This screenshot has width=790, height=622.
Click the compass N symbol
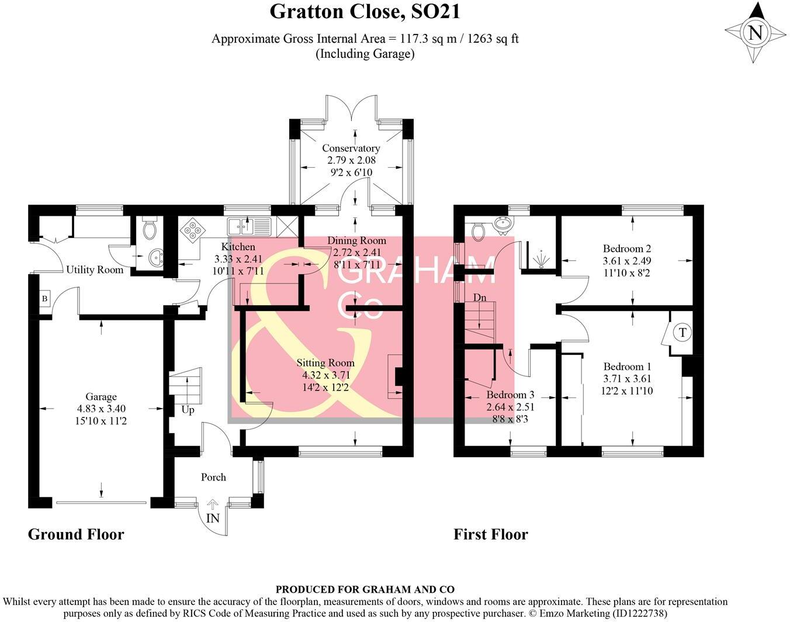point(756,33)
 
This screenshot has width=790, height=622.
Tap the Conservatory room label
point(351,148)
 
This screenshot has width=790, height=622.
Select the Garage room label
point(101,397)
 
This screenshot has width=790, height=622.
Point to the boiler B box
point(44,299)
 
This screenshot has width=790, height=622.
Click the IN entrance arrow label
point(213,518)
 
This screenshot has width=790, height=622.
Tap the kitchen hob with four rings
point(191,228)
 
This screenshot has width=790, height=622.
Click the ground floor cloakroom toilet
point(150,229)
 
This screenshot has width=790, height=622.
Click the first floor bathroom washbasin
point(501,223)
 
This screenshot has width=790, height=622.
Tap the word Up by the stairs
point(188,410)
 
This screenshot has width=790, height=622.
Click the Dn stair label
point(480,298)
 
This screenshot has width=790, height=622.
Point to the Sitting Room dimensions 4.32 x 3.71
point(325,375)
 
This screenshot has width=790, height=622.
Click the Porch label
point(213,477)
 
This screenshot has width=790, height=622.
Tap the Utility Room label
point(95,269)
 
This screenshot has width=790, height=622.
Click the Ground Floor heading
point(76,534)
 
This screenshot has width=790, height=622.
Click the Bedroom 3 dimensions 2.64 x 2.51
point(510,407)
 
